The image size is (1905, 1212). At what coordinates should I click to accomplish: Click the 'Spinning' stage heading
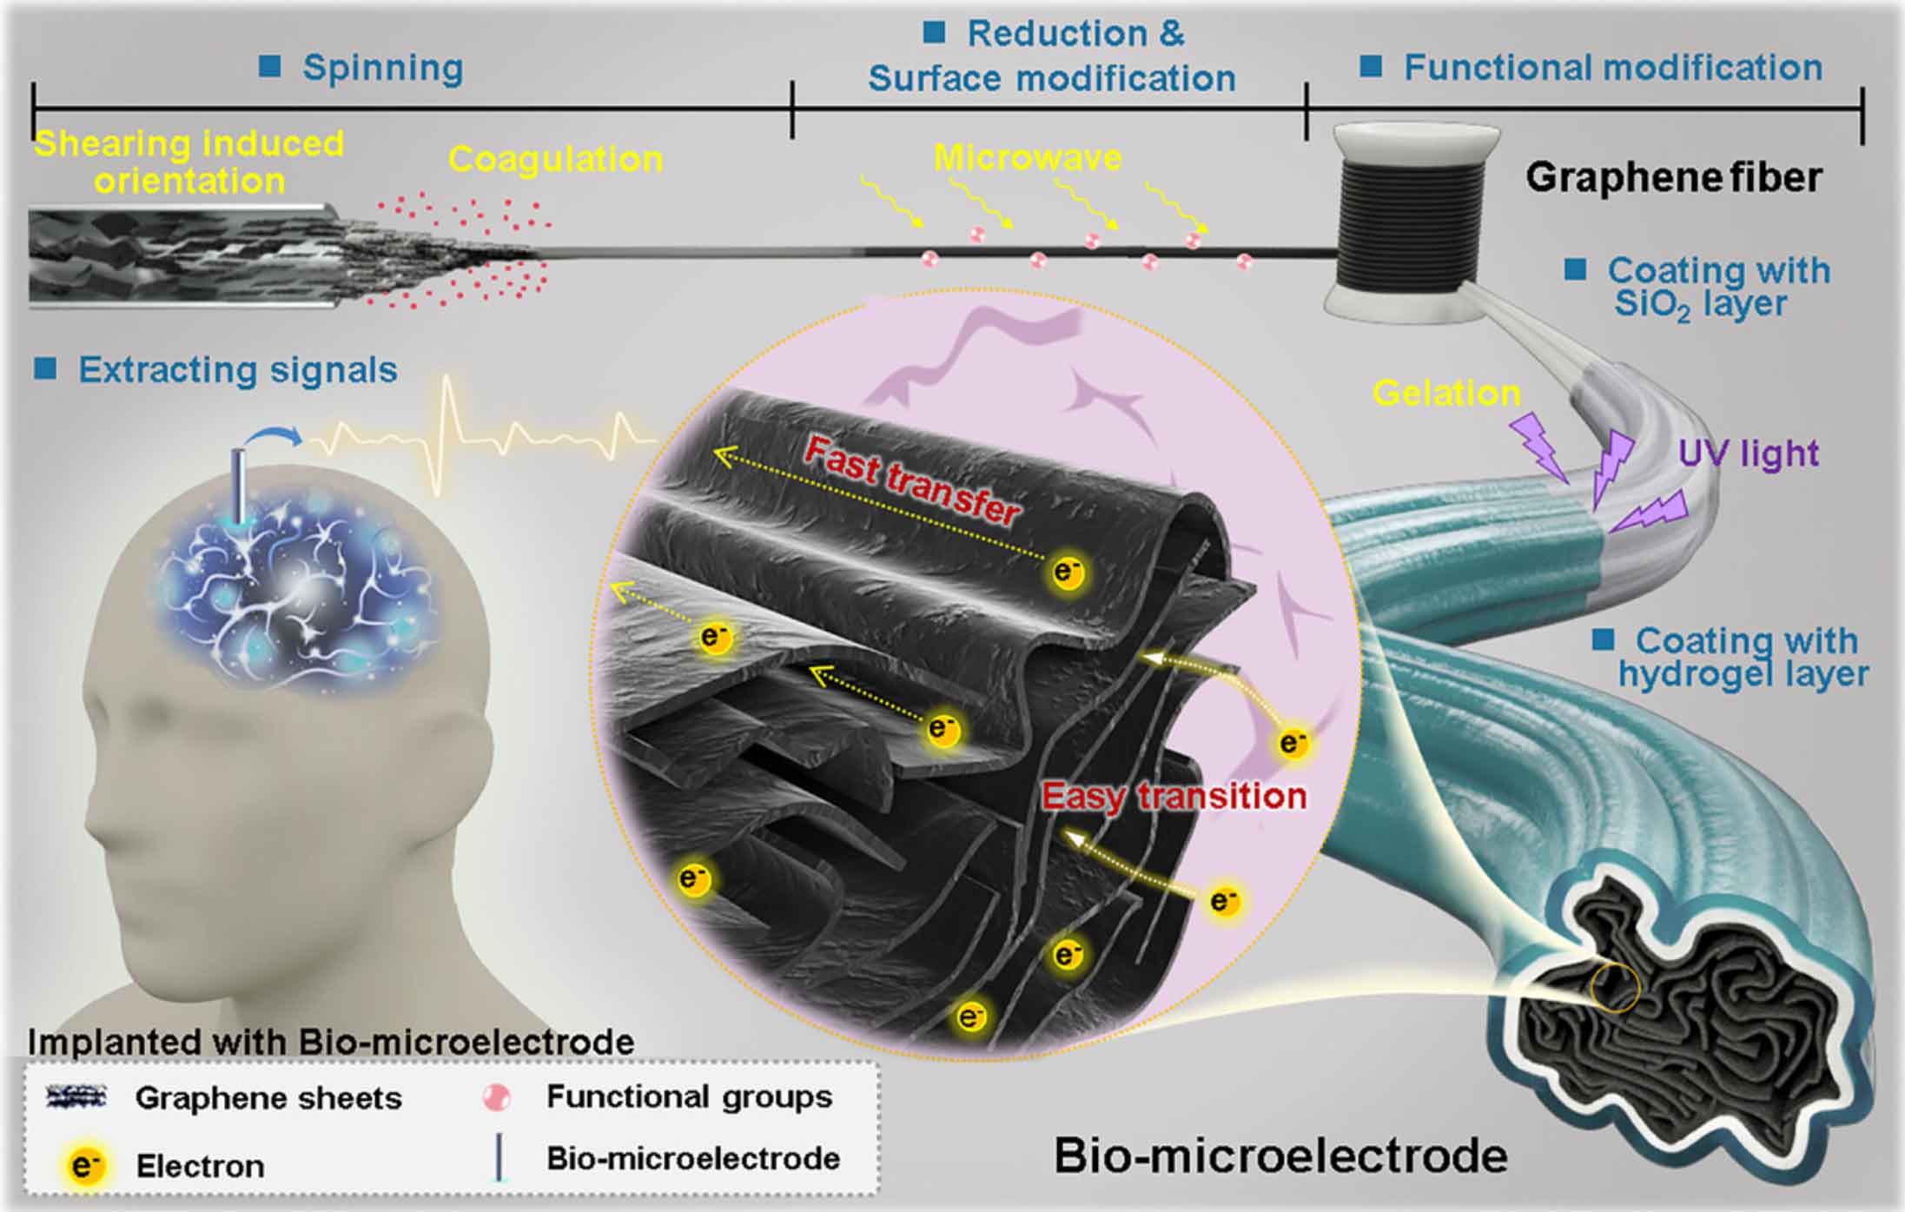382,68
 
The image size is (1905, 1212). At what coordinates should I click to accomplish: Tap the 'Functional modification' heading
1612,68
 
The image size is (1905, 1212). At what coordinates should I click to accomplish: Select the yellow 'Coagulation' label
555,159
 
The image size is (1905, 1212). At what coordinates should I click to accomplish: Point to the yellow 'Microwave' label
1028,157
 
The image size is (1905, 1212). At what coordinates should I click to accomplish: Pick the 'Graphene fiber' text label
1673,177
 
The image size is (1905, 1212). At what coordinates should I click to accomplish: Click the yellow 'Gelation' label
1446,394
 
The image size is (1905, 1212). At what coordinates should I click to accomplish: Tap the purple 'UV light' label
1748,453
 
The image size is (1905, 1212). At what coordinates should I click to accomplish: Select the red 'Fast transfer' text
912,481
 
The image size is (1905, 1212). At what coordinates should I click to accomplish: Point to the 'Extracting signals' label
237,370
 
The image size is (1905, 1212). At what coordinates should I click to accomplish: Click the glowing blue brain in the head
295,591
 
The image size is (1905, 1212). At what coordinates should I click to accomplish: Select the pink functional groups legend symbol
497,1098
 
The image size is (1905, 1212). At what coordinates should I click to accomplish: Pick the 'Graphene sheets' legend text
268,1098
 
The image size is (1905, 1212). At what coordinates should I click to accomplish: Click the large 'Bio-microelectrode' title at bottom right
1280,1156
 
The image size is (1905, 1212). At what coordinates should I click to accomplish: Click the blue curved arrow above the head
277,434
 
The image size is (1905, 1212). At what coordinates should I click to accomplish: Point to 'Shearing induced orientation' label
189,162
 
